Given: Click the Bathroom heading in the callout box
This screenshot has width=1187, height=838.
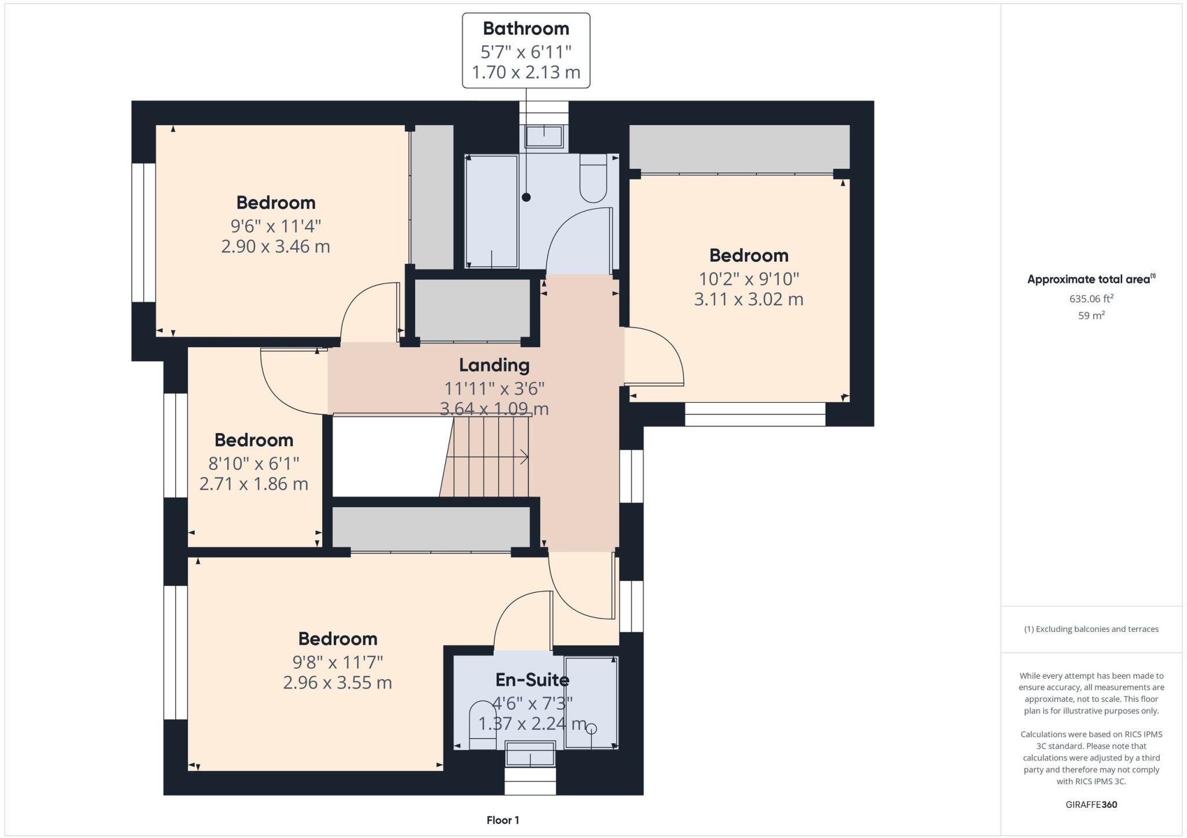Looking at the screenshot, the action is tap(526, 28).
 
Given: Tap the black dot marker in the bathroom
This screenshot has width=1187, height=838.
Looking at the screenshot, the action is tap(526, 197).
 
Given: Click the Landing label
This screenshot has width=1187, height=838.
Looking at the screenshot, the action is tap(494, 365).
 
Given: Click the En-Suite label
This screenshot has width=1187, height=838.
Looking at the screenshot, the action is tap(532, 679).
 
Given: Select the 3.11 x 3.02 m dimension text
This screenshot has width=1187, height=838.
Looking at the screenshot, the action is tap(749, 299).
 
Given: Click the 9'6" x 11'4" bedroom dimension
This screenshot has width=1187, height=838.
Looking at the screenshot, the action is tap(276, 225).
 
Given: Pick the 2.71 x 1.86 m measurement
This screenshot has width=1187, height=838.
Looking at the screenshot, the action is tap(254, 483).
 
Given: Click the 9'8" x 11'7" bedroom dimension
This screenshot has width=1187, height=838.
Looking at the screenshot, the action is tap(338, 662).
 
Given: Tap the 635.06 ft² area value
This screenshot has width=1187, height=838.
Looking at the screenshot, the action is tap(1091, 298).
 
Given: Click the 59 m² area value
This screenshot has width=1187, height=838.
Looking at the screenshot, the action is tap(1091, 315).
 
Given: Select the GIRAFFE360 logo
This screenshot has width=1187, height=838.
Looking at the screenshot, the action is tap(1091, 804).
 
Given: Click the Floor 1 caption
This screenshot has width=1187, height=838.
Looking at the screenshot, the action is tap(503, 820).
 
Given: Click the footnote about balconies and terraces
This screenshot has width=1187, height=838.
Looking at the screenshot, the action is tap(1091, 629).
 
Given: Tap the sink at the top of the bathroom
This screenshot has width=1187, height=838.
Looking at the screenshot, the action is tap(544, 137).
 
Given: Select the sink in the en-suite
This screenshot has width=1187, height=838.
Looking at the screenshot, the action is tap(530, 753).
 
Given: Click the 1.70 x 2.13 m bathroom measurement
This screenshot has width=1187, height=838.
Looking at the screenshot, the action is tap(526, 72).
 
